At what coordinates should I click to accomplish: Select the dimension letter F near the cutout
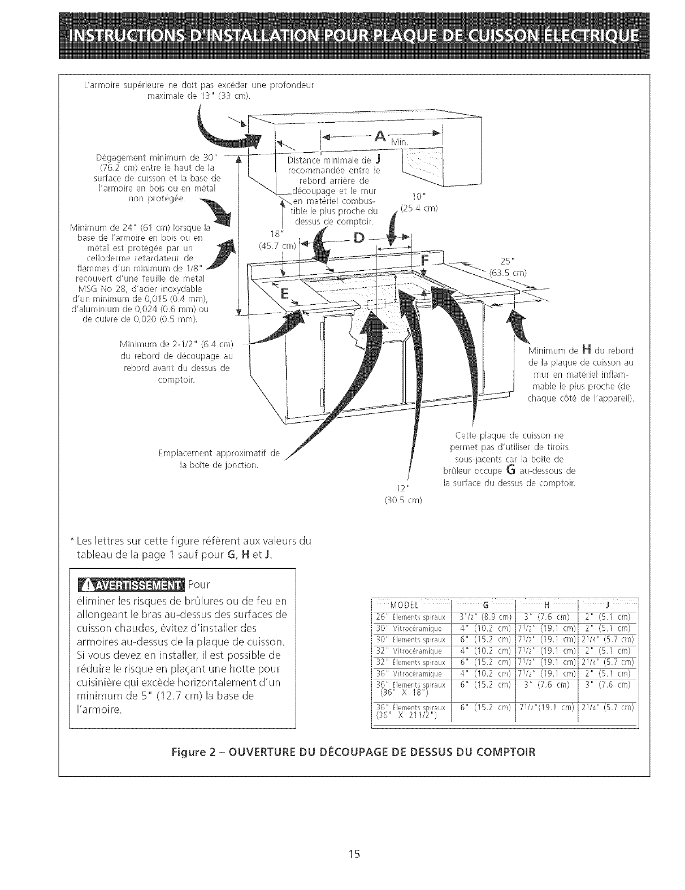click(426, 261)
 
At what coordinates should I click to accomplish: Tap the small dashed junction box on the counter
click(376, 304)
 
